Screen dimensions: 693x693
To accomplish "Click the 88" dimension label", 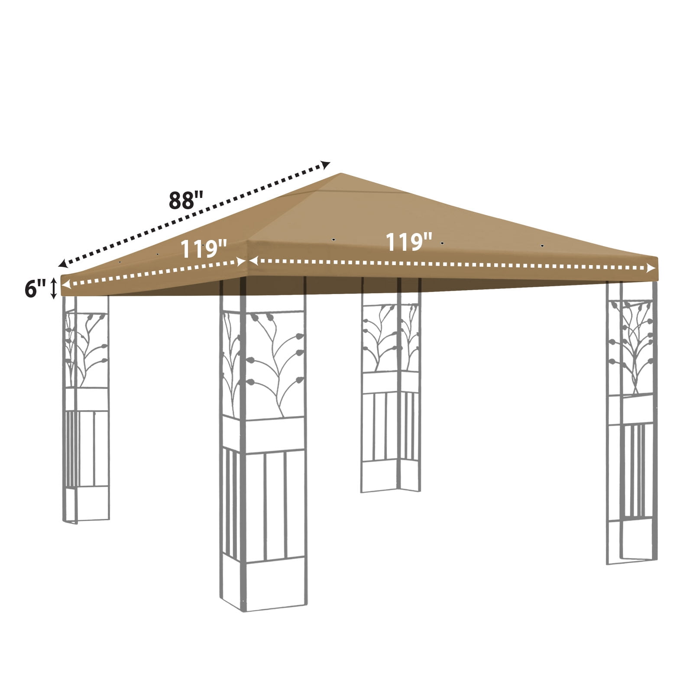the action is click(186, 200).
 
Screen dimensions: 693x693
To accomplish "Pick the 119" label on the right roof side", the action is click(409, 242).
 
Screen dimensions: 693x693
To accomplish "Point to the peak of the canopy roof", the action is click(341, 173).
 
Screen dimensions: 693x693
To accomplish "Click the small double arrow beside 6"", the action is click(54, 288).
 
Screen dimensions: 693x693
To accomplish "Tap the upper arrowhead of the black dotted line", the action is click(326, 164).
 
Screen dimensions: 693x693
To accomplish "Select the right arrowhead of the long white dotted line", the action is click(651, 269).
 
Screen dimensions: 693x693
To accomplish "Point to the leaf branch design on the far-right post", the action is click(632, 347).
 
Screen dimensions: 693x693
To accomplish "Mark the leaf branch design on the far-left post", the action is click(86, 349).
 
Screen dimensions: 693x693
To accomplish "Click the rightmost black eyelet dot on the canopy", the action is click(542, 246).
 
